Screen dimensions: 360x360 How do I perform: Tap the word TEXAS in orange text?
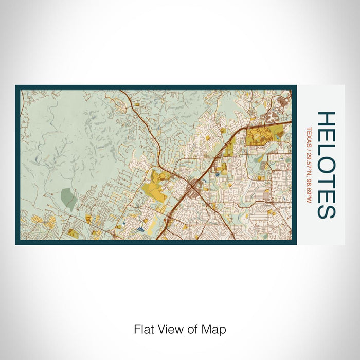(x=309, y=136)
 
